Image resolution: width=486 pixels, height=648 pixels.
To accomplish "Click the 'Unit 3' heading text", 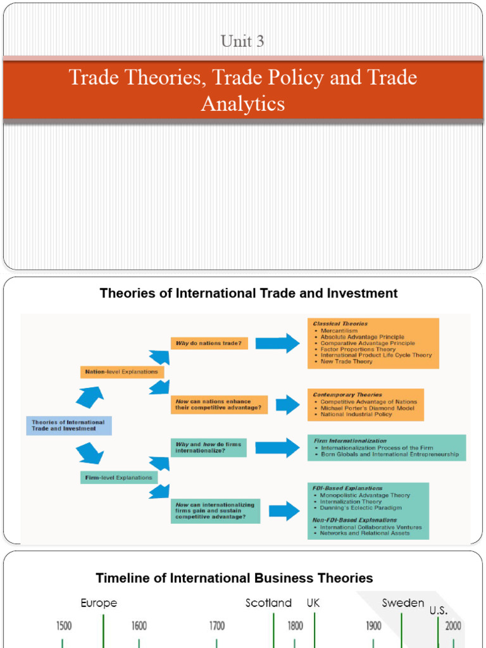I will (x=242, y=42).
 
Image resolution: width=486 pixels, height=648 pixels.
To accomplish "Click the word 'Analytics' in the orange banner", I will (x=242, y=103).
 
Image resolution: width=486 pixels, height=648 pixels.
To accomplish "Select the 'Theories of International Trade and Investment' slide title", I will (x=249, y=294).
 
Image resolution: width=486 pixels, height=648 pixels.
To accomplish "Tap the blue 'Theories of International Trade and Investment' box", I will (x=68, y=425).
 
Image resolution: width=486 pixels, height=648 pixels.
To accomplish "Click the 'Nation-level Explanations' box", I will (x=121, y=371).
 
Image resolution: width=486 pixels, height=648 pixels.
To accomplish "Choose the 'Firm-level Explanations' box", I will (x=119, y=477).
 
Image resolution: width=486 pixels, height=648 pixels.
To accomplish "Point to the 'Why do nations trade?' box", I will (x=209, y=343).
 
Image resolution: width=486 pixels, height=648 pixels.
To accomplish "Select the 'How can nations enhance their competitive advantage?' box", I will (x=218, y=404).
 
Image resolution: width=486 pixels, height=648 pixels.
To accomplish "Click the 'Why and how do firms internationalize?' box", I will (x=208, y=447).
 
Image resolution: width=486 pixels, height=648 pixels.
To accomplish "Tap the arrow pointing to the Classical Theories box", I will (x=277, y=343).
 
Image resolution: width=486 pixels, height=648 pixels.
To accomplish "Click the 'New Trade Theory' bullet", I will (x=346, y=362).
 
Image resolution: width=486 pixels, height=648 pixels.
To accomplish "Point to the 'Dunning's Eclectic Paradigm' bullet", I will (x=361, y=508).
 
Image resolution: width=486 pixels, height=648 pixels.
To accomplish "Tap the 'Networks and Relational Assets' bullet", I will (x=364, y=533).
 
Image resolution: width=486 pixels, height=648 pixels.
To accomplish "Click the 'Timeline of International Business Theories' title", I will (x=234, y=578).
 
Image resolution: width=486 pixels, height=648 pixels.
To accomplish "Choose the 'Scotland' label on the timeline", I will (x=268, y=603).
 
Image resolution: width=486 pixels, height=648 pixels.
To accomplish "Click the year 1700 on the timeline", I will (x=217, y=626).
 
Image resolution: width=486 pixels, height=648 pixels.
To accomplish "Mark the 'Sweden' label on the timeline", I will (x=403, y=603).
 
